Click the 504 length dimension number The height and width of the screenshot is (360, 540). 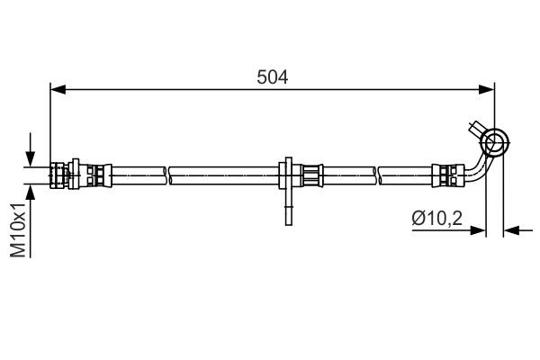click(x=271, y=77)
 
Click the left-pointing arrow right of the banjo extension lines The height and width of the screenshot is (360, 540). click(x=513, y=230)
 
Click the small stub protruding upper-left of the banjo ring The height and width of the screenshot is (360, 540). click(x=476, y=127)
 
